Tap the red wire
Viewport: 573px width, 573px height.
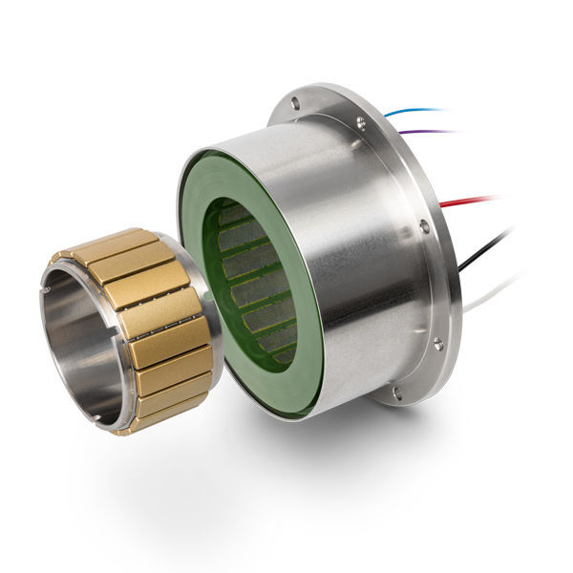472,202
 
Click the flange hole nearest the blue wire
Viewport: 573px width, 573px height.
360,121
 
